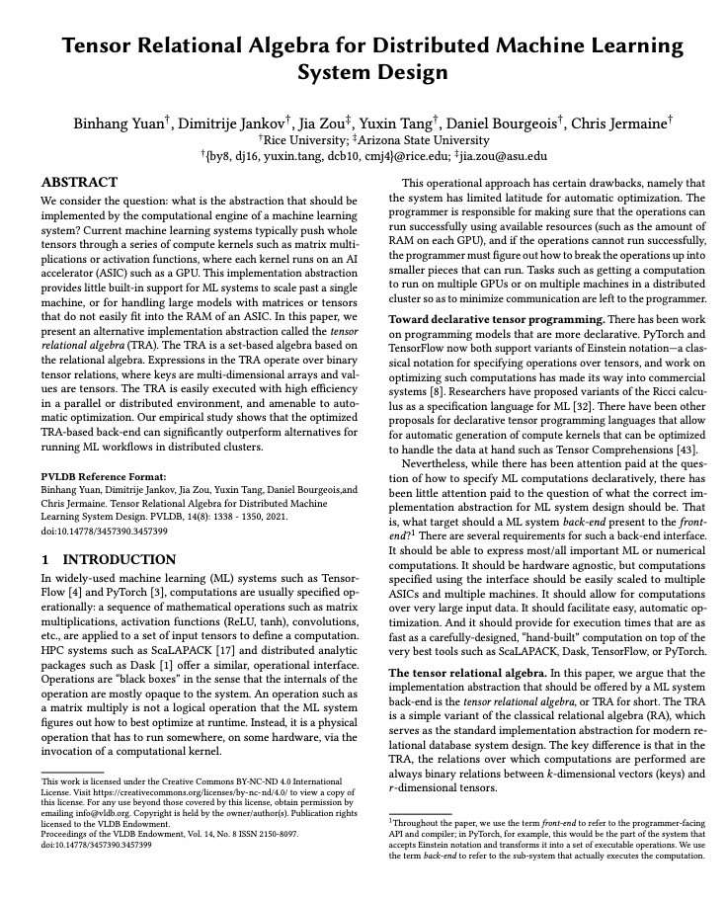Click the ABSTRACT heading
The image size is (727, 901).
point(79,184)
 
